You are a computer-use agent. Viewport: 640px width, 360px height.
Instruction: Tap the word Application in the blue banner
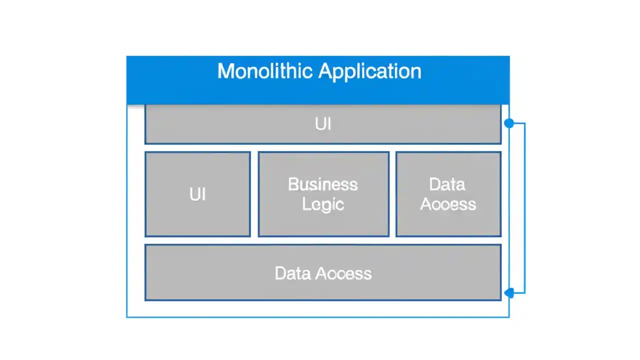pyautogui.click(x=370, y=72)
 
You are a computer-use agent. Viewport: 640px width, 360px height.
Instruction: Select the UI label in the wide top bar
pyautogui.click(x=323, y=124)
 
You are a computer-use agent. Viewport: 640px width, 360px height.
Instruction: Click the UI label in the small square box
pyautogui.click(x=197, y=194)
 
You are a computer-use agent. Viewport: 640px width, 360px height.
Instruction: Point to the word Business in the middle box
pyautogui.click(x=323, y=184)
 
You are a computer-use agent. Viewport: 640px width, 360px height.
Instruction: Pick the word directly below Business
pyautogui.click(x=323, y=204)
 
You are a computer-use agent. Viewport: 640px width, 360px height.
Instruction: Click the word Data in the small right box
pyautogui.click(x=447, y=184)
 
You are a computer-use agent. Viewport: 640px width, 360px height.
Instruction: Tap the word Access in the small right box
pyautogui.click(x=448, y=204)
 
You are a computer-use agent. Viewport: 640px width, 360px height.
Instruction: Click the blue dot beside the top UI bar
pyautogui.click(x=509, y=123)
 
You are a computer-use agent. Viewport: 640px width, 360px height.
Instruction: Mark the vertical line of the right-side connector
pyautogui.click(x=524, y=207)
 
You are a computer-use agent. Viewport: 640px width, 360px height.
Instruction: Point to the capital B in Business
pyautogui.click(x=292, y=184)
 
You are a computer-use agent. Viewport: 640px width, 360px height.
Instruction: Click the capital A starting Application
pyautogui.click(x=326, y=71)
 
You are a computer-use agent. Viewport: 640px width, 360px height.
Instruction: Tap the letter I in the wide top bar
pyautogui.click(x=329, y=124)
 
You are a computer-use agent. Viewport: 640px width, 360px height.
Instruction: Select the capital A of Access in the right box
pyautogui.click(x=425, y=204)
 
